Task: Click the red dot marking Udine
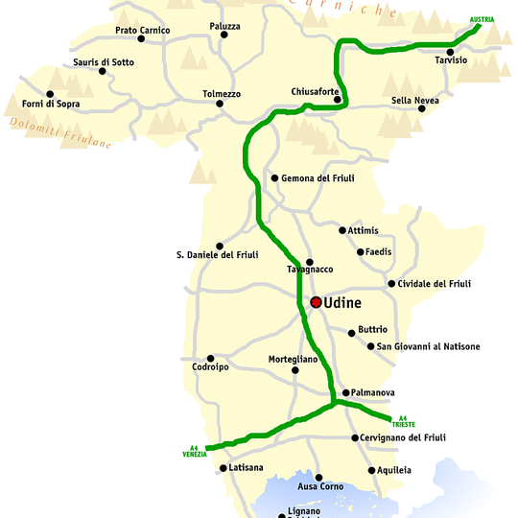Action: (x=316, y=302)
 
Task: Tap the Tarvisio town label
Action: (x=451, y=60)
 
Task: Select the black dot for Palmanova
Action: (x=345, y=392)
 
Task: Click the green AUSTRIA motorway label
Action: (x=483, y=19)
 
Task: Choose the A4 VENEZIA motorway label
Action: (x=195, y=450)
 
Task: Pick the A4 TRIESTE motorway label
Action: (x=404, y=420)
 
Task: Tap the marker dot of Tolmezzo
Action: (x=223, y=104)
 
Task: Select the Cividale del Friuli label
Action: (x=436, y=284)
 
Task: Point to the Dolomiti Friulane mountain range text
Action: (x=59, y=133)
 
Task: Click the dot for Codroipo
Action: (x=210, y=358)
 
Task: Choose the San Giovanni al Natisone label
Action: (x=428, y=346)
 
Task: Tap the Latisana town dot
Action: (x=224, y=468)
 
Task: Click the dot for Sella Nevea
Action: (x=421, y=108)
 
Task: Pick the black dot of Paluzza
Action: (x=224, y=35)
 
